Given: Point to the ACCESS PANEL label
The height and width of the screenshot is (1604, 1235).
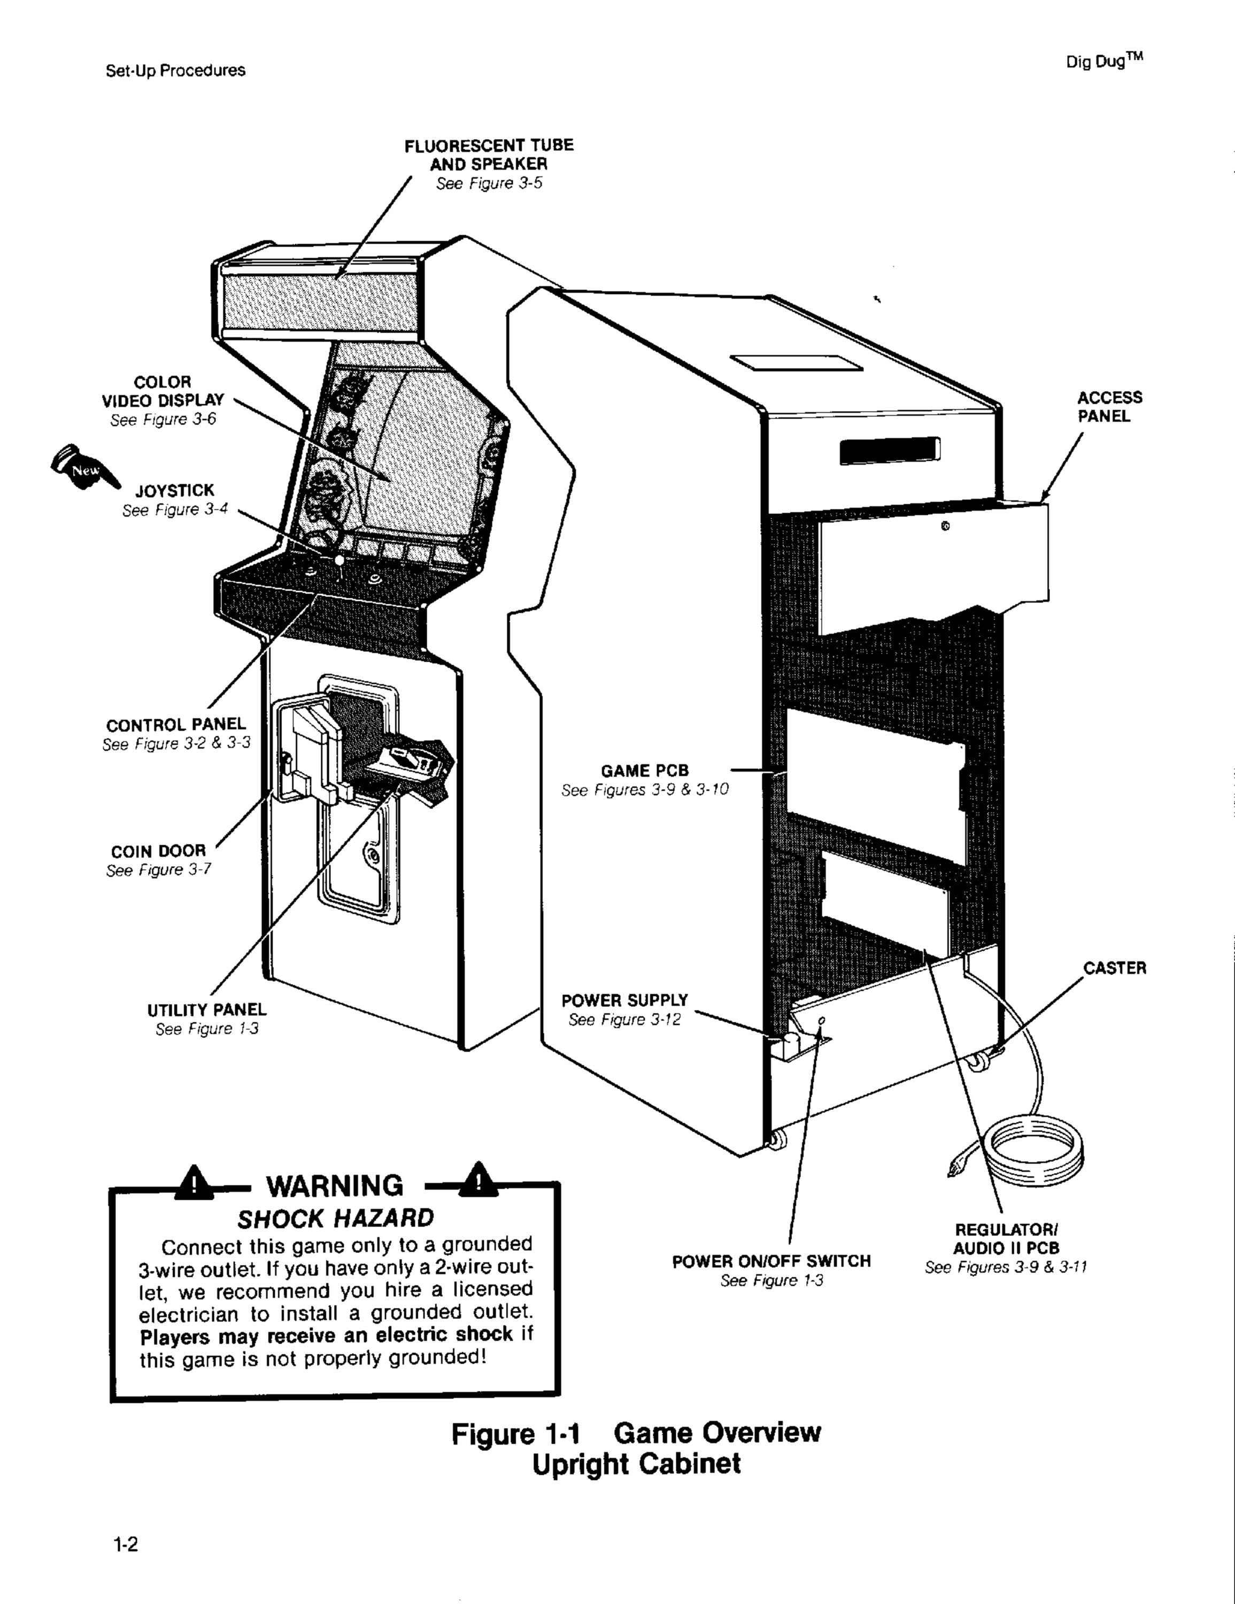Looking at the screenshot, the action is (1109, 407).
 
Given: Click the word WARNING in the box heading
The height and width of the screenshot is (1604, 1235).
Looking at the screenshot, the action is (334, 1185).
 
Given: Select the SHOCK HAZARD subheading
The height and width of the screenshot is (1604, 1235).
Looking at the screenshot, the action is (336, 1219).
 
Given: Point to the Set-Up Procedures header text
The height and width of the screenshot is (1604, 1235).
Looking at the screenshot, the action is (175, 71).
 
